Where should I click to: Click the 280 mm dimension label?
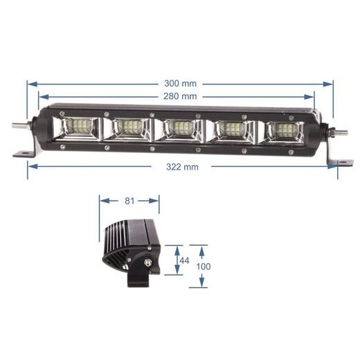coord(180,96)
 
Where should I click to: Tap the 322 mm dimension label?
coord(181,166)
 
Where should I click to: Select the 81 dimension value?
coord(129,201)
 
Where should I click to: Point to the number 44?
coord(183,260)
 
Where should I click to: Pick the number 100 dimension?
coord(204,266)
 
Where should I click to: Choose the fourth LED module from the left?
coord(231,129)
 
